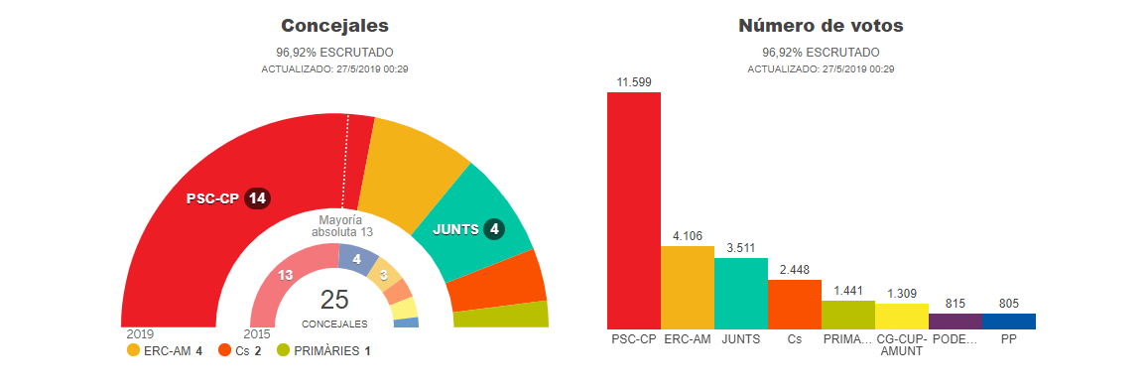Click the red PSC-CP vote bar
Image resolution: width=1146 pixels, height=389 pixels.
634,210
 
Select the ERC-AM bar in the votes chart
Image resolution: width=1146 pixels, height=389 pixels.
687,288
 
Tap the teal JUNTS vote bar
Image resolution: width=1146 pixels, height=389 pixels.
740,293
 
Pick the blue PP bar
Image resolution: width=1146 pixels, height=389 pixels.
1009,321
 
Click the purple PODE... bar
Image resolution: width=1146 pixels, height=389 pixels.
955,321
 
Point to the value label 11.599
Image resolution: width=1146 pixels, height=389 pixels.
634,82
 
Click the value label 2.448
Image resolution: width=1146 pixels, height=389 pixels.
795,270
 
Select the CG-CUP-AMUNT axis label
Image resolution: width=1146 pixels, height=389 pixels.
901,345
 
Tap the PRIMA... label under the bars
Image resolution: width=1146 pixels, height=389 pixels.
847,339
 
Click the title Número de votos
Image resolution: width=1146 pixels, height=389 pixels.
821,26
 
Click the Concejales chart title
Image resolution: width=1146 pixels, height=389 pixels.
334,26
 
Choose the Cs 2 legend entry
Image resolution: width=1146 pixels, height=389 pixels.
240,351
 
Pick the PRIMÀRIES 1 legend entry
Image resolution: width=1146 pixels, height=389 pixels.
323,351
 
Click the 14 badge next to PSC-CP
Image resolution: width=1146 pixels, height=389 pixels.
257,198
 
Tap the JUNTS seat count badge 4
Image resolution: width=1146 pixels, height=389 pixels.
495,229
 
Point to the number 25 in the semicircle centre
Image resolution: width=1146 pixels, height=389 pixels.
334,300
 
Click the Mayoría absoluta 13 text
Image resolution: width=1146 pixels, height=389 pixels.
341,226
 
